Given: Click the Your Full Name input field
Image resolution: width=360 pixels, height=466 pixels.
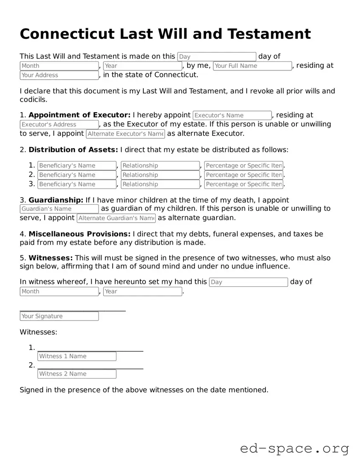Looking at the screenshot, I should coord(252,66).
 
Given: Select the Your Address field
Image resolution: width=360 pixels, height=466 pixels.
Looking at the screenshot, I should coord(59,75).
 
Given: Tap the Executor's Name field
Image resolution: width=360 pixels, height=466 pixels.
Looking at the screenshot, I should coord(232,115).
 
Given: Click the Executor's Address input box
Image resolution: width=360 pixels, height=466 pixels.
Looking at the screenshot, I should coord(59,125).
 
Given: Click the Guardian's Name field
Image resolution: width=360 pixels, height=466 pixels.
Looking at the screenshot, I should coord(59,209).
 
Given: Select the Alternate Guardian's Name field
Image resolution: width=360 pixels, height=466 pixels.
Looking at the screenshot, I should coord(116,218).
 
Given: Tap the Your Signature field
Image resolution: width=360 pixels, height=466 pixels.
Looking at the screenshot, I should coord(59,316).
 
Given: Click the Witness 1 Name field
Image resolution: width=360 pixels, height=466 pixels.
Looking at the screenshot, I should coord(77,356).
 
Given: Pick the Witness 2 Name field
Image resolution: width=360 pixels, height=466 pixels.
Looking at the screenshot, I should coord(77,374).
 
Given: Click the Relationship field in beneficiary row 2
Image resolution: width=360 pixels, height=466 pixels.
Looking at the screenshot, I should coord(160,175).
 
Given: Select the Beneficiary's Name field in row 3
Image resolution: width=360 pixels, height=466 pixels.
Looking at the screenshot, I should coord(77,184).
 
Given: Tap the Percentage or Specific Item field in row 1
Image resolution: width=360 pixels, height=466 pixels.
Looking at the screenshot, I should coord(244,166).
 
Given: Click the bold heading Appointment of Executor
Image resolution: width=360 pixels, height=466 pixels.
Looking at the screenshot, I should coord(79,115).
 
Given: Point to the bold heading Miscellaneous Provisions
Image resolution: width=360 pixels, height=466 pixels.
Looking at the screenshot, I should coord(79,234).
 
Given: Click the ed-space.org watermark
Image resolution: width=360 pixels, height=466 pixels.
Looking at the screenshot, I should coord(294,449).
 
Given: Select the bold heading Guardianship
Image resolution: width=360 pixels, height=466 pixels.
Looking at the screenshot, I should coord(56,200).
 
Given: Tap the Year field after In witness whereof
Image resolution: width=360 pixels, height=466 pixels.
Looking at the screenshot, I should coord(142,291).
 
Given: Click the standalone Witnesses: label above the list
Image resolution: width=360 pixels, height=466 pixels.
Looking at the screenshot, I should coord(38,332).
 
